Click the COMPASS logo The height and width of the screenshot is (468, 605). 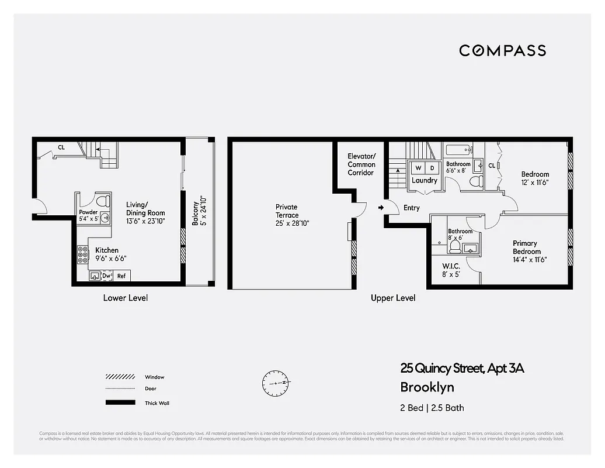(x=502, y=50)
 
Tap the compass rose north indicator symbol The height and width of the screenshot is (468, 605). (x=276, y=382)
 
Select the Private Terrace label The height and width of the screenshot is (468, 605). (x=287, y=215)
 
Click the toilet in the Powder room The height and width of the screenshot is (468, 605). (x=103, y=201)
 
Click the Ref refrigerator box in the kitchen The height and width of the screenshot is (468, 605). (x=121, y=276)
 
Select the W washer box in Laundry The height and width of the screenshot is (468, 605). (x=418, y=168)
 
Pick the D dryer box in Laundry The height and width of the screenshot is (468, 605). (x=433, y=168)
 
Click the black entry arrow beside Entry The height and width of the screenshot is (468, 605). (x=381, y=208)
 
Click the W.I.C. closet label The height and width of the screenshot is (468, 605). (x=451, y=270)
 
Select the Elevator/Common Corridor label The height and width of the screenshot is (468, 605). (x=361, y=164)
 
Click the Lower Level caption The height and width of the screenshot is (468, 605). (x=126, y=298)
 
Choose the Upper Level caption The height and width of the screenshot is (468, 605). (x=393, y=298)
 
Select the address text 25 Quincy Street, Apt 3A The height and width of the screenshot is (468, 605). (x=462, y=368)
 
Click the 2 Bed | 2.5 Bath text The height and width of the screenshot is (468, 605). (x=432, y=408)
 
